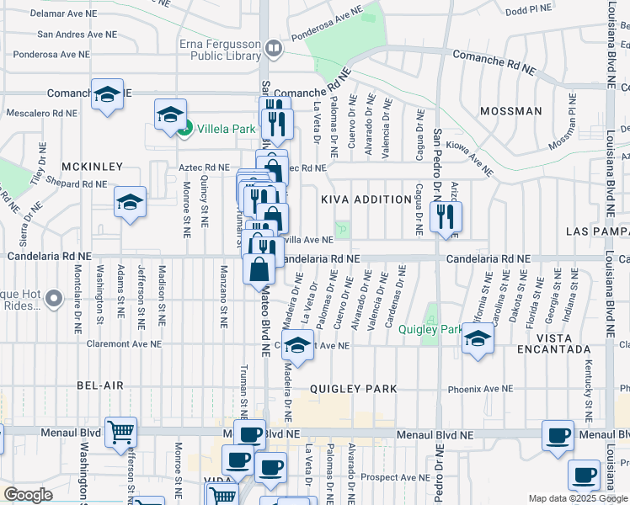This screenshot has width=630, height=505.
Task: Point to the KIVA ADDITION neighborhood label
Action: pyautogui.click(x=356, y=199)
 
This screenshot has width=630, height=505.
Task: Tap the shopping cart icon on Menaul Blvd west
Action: pyautogui.click(x=121, y=433)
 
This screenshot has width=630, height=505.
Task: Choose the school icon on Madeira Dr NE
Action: pyautogui.click(x=296, y=345)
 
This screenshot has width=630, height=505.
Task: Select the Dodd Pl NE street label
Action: pyautogui.click(x=528, y=8)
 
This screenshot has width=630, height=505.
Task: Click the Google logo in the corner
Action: pyautogui.click(x=28, y=495)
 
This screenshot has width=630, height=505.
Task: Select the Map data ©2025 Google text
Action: pyautogui.click(x=579, y=498)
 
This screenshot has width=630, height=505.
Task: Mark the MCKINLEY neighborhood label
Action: pyautogui.click(x=92, y=167)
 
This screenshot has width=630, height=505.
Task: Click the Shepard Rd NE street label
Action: pyautogui.click(x=77, y=183)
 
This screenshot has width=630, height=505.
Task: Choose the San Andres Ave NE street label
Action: pyautogui.click(x=77, y=35)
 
